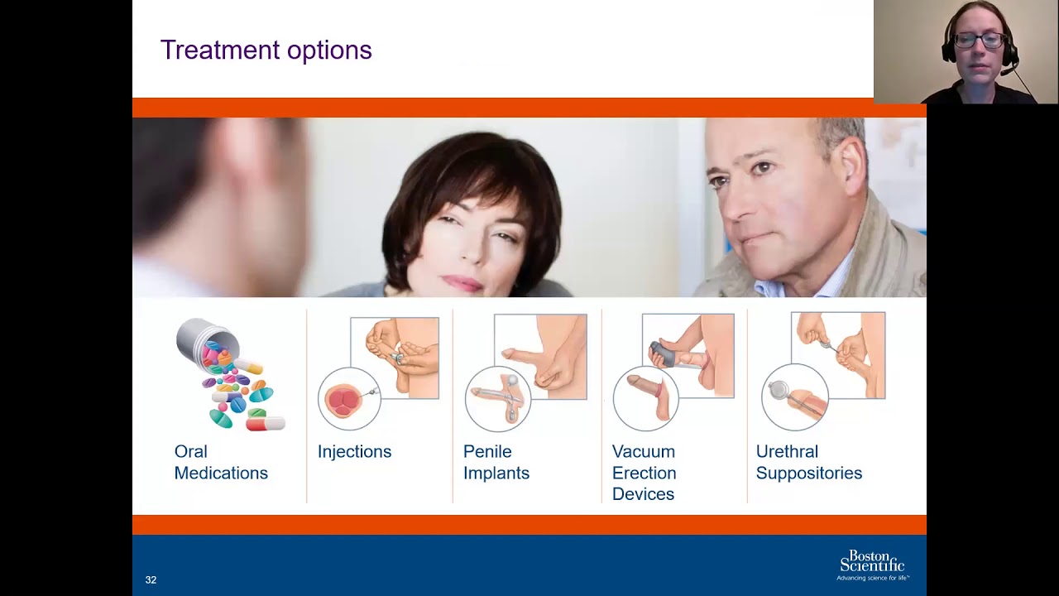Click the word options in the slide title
(329, 51)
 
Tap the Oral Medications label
(221, 462)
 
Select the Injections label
(354, 452)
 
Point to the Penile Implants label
(496, 462)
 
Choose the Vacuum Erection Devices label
(644, 473)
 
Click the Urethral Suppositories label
(809, 462)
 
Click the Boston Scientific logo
(873, 565)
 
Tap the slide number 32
(151, 580)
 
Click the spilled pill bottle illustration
(230, 373)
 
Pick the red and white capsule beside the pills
(266, 423)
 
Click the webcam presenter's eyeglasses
(979, 41)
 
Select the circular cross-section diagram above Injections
(349, 399)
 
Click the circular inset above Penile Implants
(498, 399)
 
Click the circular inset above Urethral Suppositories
(795, 397)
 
